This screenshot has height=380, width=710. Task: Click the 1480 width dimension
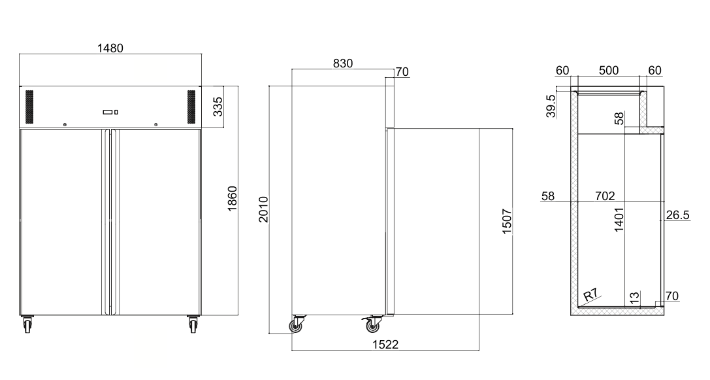(110, 48)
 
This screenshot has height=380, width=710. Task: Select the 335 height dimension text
(218, 107)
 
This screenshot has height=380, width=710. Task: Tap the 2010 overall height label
(263, 209)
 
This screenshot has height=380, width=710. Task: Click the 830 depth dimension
(342, 63)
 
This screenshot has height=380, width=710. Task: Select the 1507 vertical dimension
(507, 222)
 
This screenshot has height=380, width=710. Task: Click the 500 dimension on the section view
(609, 71)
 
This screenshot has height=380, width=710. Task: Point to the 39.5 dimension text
(551, 106)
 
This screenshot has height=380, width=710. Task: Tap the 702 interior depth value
(605, 196)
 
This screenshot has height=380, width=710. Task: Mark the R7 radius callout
(590, 296)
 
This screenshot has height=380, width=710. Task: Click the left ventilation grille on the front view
(29, 107)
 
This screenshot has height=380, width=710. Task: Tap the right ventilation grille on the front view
(191, 107)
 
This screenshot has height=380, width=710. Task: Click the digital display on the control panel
(108, 112)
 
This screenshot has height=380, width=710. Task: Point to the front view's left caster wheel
(28, 324)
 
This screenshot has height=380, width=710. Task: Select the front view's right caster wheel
(193, 324)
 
